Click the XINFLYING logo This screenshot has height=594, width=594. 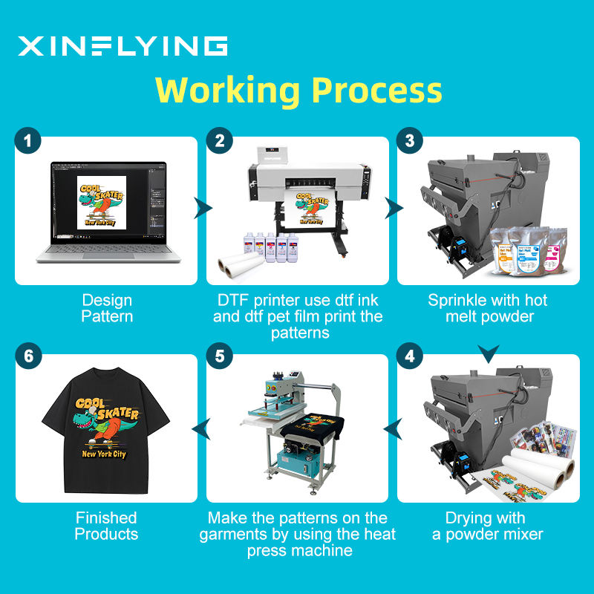coord(123,46)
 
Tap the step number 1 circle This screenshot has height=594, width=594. coord(27,141)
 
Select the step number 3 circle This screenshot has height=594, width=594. coord(410,141)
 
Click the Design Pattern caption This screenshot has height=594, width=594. coord(107,308)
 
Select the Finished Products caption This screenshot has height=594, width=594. coord(107,526)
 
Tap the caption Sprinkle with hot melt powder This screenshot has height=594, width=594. coord(488,308)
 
